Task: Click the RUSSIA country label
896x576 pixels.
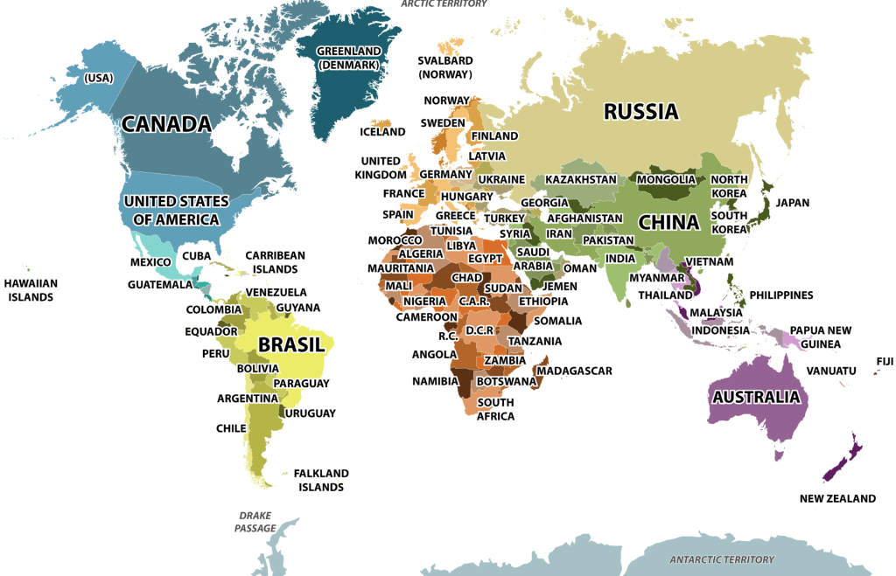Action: (640, 111)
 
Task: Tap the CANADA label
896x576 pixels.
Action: (166, 123)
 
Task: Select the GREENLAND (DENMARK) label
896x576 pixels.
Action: (348, 58)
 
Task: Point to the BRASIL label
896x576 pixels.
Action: (291, 345)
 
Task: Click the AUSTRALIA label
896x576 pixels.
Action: (756, 397)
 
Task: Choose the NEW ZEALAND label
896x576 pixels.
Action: (836, 498)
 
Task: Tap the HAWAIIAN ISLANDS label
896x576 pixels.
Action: (31, 290)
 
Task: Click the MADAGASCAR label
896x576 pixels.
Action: (575, 371)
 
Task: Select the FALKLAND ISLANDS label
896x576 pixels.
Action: (321, 480)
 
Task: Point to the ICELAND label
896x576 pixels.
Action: (382, 132)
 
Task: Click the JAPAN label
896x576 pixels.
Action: (793, 202)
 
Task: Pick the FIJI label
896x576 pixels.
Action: (884, 361)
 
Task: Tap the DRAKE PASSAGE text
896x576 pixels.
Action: (255, 522)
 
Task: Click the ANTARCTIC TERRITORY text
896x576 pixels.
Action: (722, 559)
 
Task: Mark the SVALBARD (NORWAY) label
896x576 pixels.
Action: (444, 67)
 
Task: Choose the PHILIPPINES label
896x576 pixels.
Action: (780, 295)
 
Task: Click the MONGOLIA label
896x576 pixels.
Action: (666, 180)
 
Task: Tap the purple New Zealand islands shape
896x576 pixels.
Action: (842, 460)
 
